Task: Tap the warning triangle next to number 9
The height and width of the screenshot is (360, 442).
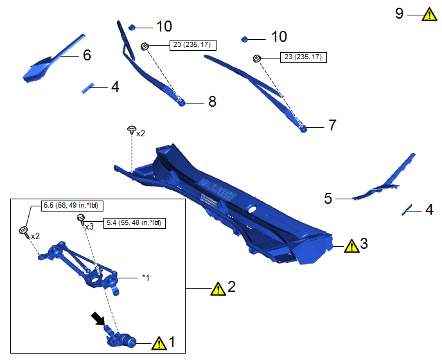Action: (429, 14)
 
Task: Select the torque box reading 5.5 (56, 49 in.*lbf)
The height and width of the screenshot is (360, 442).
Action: (72, 205)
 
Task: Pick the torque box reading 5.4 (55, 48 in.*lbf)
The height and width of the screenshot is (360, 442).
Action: (134, 223)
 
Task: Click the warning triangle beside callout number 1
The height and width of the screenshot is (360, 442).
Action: (159, 343)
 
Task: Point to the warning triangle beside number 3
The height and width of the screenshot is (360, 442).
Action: (351, 246)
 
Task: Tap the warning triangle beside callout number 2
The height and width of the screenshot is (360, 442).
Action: (218, 289)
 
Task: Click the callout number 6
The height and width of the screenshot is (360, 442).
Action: (87, 55)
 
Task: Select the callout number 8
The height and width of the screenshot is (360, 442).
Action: (212, 102)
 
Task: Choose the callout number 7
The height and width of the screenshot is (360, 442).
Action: (332, 125)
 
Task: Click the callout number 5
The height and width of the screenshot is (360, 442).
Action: (328, 199)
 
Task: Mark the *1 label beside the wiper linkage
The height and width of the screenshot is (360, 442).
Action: (145, 278)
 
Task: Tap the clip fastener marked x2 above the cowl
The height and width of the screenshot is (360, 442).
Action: (131, 130)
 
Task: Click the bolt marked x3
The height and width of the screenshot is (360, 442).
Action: (81, 219)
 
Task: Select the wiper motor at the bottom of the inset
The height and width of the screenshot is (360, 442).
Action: (120, 338)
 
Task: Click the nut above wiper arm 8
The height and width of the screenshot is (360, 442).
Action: (145, 46)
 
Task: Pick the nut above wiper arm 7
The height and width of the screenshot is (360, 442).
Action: (256, 59)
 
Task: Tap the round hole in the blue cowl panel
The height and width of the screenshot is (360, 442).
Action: (252, 209)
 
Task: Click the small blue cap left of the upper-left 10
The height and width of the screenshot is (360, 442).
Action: (132, 28)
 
